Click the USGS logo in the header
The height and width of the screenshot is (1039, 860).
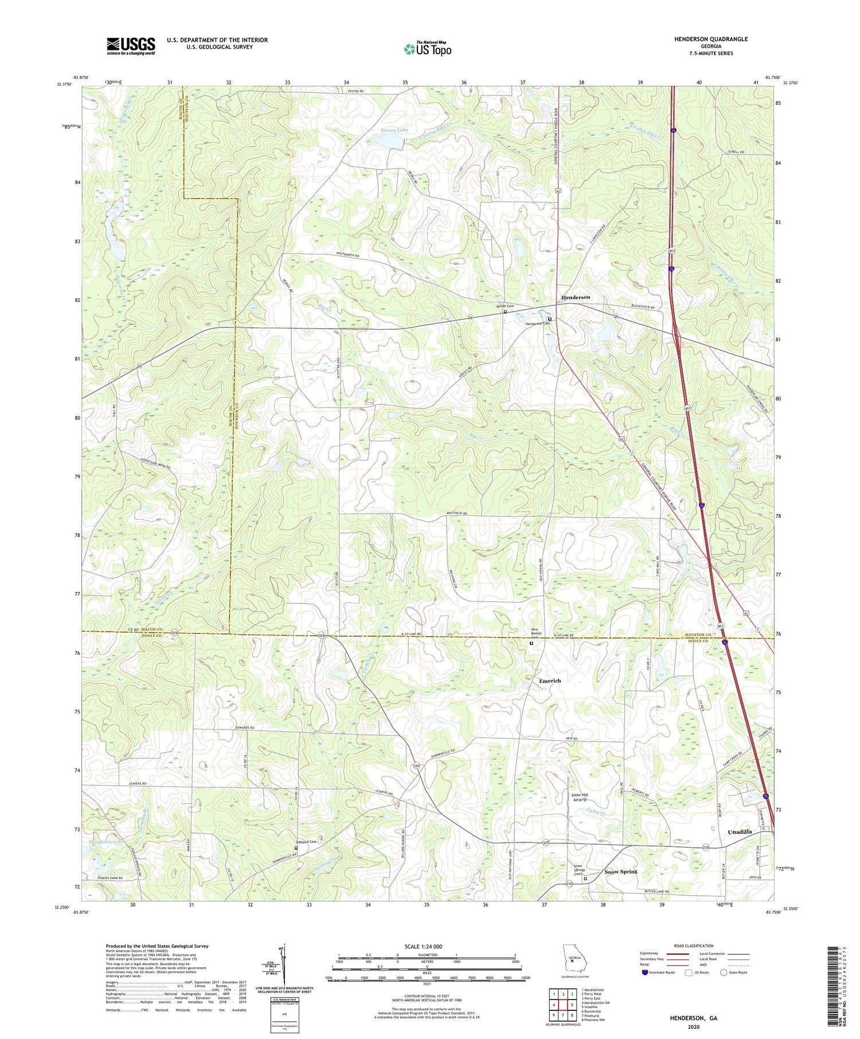point(131,46)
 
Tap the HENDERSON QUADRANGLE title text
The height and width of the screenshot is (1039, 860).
point(711,39)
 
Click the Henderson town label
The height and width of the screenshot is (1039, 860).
point(575,297)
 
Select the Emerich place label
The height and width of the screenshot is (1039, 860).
point(550,681)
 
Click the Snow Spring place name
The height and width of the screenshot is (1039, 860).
point(621,872)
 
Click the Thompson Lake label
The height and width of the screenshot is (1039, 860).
point(106,842)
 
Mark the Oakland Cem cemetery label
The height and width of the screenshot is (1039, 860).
point(306,842)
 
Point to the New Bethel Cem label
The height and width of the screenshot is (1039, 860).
point(535,634)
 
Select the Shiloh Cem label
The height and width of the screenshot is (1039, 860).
point(505,307)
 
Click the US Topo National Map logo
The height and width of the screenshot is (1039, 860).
point(427,49)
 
